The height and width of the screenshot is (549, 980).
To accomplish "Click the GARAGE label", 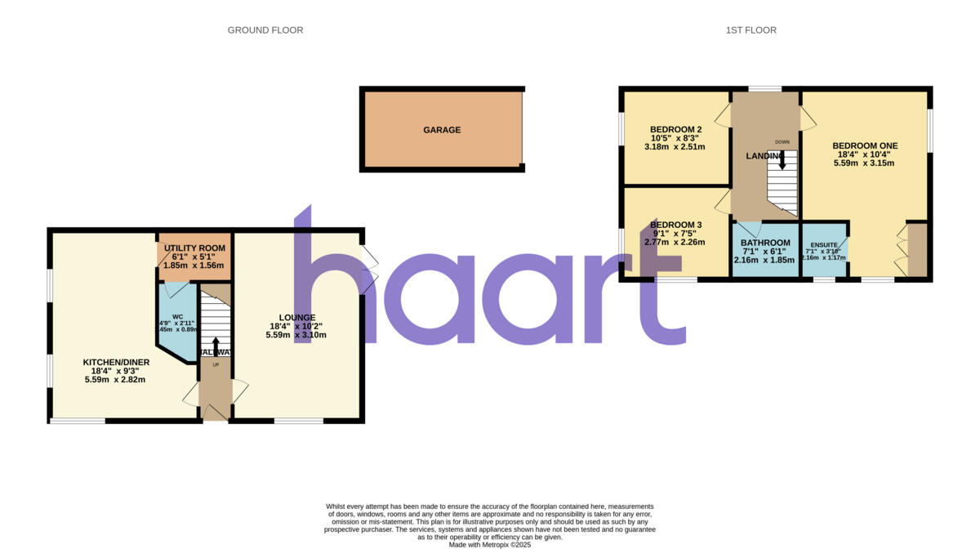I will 442,130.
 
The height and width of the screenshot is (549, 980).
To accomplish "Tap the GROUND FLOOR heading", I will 265,30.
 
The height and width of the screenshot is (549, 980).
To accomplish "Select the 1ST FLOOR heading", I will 751,30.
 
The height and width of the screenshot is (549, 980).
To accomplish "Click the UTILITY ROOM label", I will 194,248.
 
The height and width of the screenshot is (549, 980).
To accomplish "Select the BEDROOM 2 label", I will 676,129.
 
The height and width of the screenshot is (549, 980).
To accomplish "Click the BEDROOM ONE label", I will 864,145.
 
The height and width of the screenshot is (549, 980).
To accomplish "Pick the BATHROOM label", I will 765,243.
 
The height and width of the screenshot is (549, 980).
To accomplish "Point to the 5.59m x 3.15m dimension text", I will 864,163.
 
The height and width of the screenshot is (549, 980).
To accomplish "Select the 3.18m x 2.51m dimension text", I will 675,147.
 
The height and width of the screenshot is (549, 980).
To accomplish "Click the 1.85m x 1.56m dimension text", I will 194,266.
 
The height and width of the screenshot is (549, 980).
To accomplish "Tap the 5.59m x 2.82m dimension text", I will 114,379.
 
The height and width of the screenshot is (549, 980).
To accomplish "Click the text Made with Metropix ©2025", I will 490,543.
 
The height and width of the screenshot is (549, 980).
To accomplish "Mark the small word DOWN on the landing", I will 782,141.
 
